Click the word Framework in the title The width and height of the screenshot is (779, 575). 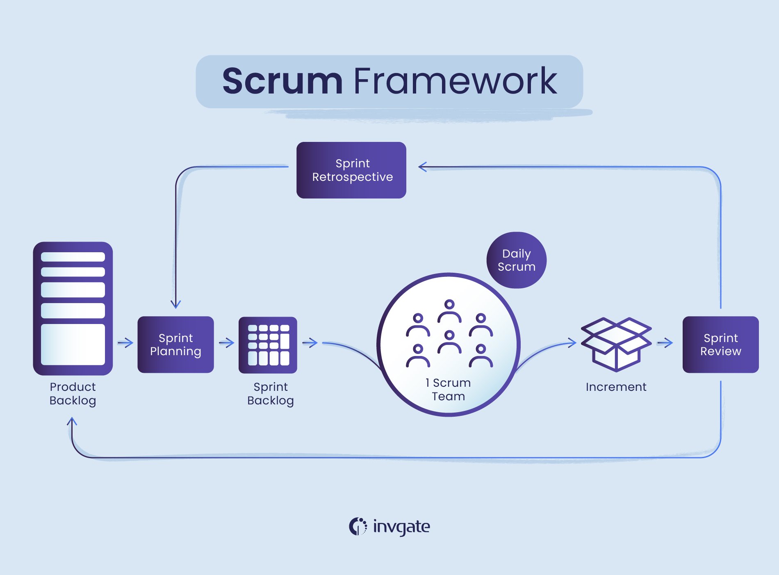point(455,81)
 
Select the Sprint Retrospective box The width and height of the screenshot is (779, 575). point(351,170)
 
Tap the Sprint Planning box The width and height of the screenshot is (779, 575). point(175,345)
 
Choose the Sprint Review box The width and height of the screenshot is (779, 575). point(720,345)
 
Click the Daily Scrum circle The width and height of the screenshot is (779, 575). point(516,260)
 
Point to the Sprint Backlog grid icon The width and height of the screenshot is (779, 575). point(268,345)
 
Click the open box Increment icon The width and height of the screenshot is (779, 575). point(616,345)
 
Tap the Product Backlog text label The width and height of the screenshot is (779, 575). point(73,393)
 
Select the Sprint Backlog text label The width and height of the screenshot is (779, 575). point(270,393)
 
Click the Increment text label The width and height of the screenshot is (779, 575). point(616,387)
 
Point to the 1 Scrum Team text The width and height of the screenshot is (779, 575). point(448,389)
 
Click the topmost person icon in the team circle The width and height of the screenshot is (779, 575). point(449,311)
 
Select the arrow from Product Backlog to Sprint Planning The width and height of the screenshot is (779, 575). point(125,342)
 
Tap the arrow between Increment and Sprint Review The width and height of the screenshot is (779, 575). point(665,342)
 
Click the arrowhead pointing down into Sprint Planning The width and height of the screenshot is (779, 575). point(175,304)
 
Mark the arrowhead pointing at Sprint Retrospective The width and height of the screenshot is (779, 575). point(422,167)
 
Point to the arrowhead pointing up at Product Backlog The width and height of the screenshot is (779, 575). point(72,421)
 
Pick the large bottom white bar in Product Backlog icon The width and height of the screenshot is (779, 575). point(73,345)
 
